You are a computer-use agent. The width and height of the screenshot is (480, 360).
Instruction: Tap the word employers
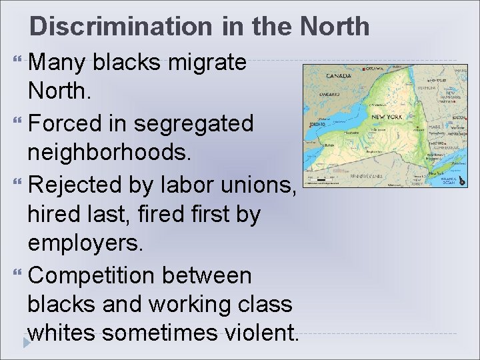(x=85, y=242)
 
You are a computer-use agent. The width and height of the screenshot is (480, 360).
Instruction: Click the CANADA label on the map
(x=339, y=76)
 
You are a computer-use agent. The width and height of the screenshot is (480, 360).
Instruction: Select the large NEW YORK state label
(x=387, y=117)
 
